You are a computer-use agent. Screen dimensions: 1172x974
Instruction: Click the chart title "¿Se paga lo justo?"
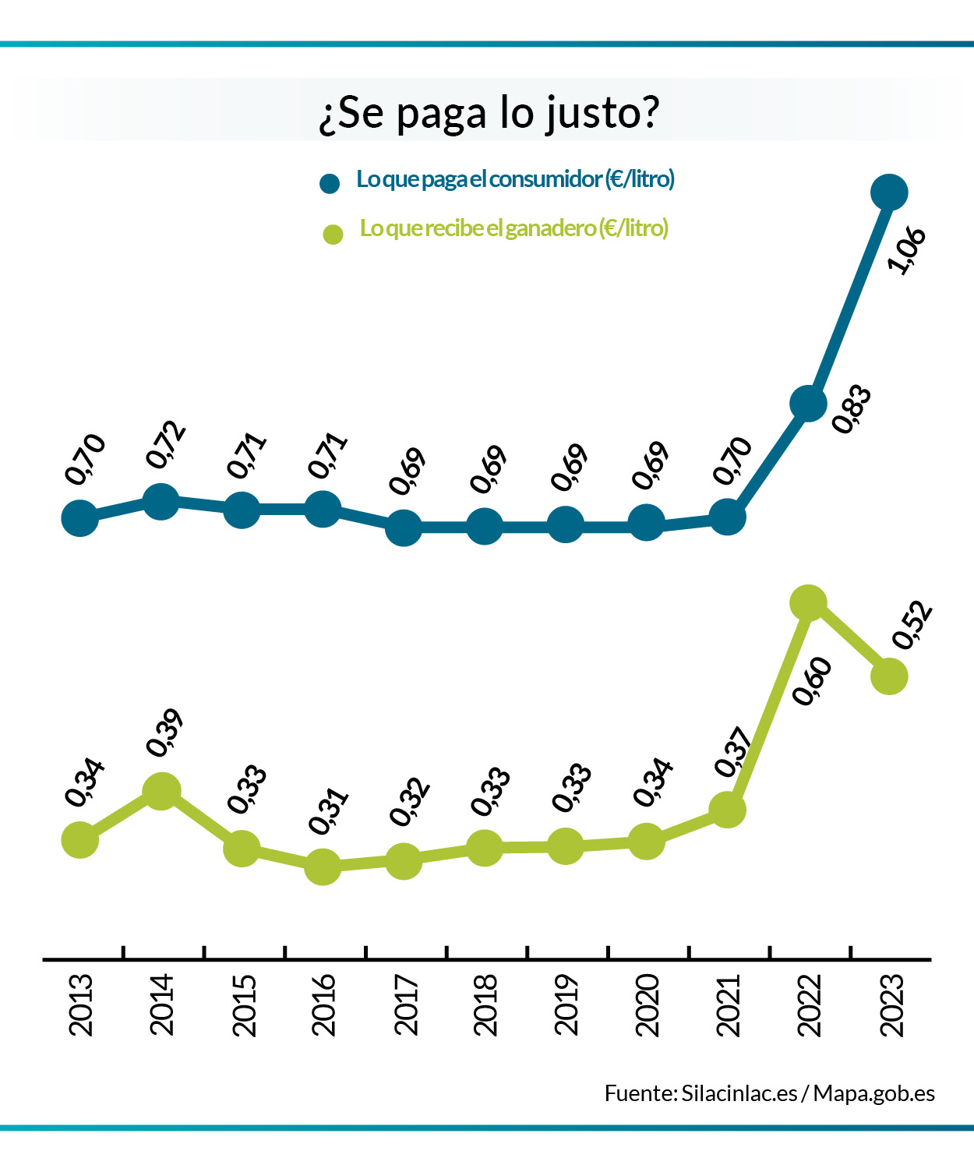click(x=489, y=114)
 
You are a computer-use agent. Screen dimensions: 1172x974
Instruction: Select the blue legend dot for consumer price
click(x=330, y=183)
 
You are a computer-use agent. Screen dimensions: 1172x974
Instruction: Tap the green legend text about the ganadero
click(x=514, y=228)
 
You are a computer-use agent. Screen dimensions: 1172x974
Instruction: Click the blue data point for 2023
click(x=889, y=192)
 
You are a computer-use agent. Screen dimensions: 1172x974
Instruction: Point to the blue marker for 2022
click(x=808, y=403)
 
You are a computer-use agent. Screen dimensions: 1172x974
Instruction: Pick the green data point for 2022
click(x=808, y=602)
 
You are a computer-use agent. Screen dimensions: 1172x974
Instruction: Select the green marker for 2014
click(x=161, y=792)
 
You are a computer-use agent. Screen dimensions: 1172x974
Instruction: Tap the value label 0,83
click(x=851, y=408)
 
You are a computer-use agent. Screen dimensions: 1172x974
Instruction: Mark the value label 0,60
click(x=812, y=680)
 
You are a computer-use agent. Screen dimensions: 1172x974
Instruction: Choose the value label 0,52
click(x=912, y=625)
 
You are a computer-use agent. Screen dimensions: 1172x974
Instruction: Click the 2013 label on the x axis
click(x=81, y=1004)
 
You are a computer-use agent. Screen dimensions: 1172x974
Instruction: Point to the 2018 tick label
click(x=485, y=1004)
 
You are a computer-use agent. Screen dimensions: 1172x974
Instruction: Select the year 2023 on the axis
click(x=891, y=1004)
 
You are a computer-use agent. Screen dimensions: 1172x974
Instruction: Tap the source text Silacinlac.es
click(x=739, y=1093)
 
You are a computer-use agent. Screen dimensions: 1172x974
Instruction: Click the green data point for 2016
click(x=323, y=867)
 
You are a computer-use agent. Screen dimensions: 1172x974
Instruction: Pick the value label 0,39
click(x=164, y=732)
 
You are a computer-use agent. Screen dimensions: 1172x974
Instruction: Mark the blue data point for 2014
click(x=161, y=500)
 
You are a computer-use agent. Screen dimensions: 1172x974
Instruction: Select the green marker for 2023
click(x=889, y=676)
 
